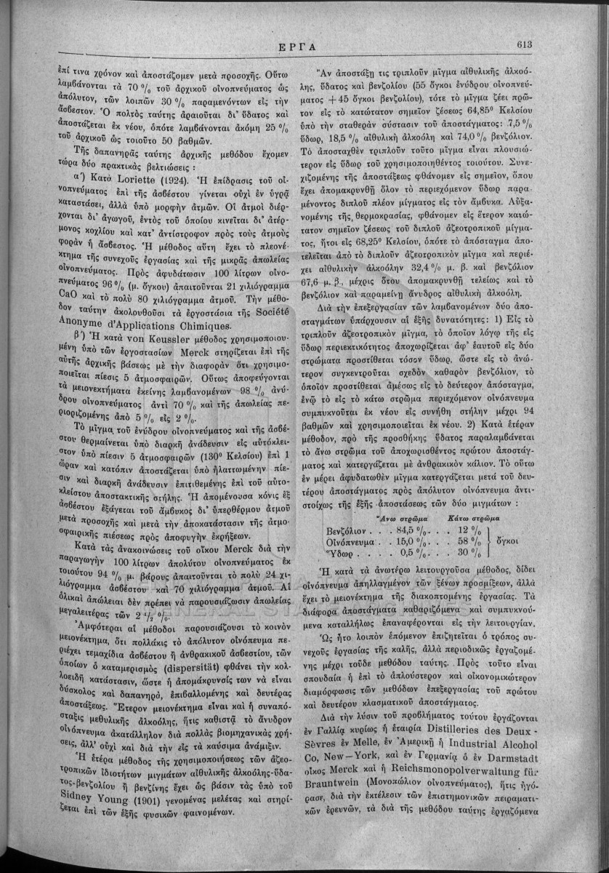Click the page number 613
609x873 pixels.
click(x=526, y=44)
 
